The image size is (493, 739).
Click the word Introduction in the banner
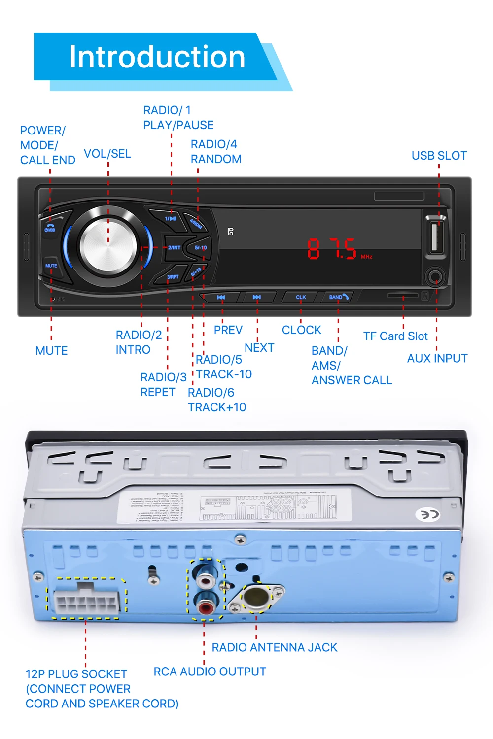tap(157, 57)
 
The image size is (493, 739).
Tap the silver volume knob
tap(108, 245)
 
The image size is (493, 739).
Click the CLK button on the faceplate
tap(301, 297)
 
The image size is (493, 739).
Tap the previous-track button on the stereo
tap(221, 297)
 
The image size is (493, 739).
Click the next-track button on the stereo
tap(256, 297)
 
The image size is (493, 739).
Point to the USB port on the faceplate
tap(436, 236)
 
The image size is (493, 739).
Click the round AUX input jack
tap(435, 277)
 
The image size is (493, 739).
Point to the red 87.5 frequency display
tap(333, 249)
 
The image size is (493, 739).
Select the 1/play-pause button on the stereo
tap(170, 218)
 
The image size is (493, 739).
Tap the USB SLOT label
tap(439, 156)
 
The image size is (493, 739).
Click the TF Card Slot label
tap(395, 336)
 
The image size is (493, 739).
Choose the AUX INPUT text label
tap(437, 359)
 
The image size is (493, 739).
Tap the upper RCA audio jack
tap(204, 575)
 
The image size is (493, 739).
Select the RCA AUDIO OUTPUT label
tap(210, 672)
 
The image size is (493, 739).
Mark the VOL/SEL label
tap(107, 154)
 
